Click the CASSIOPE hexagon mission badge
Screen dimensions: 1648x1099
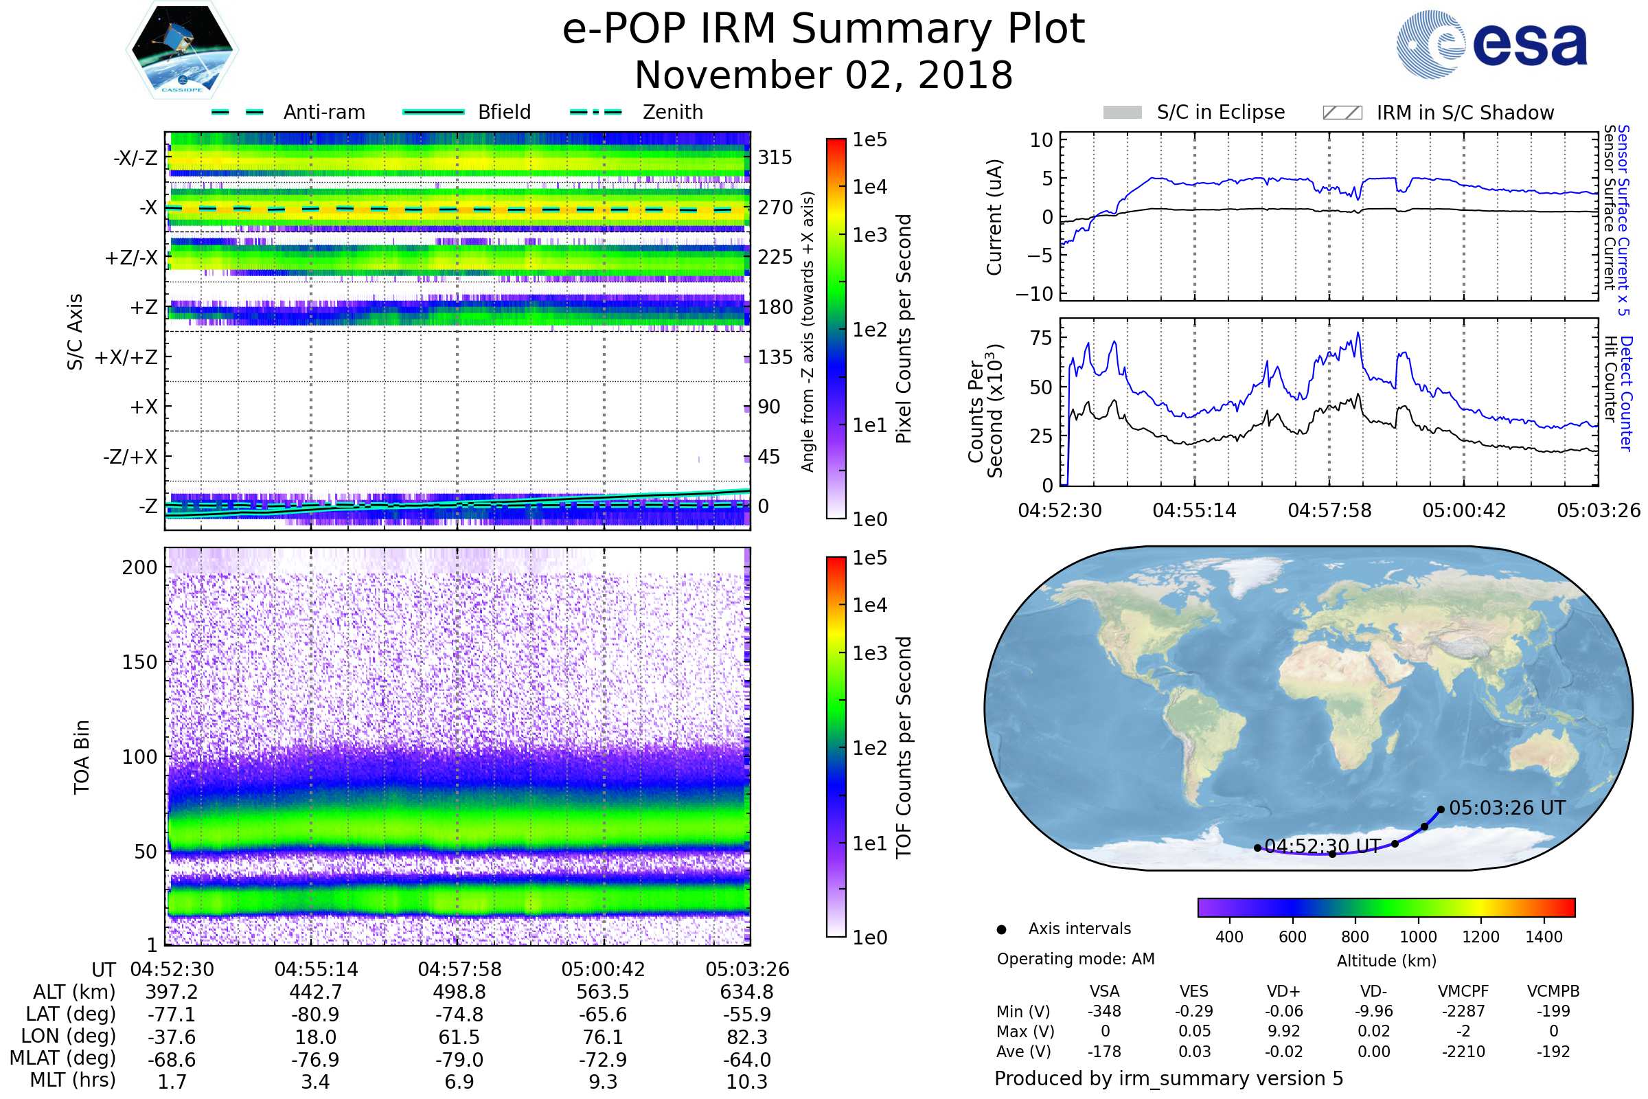click(x=182, y=49)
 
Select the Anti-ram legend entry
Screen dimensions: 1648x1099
click(x=288, y=112)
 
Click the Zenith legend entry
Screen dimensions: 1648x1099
click(x=637, y=112)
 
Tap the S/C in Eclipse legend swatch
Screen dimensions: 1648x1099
click(x=1123, y=113)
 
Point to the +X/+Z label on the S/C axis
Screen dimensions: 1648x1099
click(x=126, y=357)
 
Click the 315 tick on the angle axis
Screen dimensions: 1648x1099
click(x=775, y=157)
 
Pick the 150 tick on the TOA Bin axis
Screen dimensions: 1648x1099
click(x=139, y=662)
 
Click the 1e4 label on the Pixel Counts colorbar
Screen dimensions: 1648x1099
click(x=869, y=187)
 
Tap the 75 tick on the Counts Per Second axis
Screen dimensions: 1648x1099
click(x=1041, y=338)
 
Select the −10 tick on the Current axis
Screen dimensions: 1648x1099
click(x=1034, y=294)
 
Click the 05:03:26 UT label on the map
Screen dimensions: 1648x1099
click(x=1507, y=808)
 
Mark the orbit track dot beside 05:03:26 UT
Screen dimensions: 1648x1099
click(x=1441, y=810)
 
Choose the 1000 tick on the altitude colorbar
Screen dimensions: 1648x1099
click(x=1418, y=937)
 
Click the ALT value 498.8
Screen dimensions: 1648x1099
click(x=459, y=993)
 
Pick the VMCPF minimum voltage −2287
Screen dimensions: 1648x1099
click(x=1464, y=1011)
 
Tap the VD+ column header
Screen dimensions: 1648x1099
click(x=1283, y=992)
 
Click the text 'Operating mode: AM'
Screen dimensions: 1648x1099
click(x=1075, y=959)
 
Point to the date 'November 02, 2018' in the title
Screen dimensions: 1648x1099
click(x=824, y=75)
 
